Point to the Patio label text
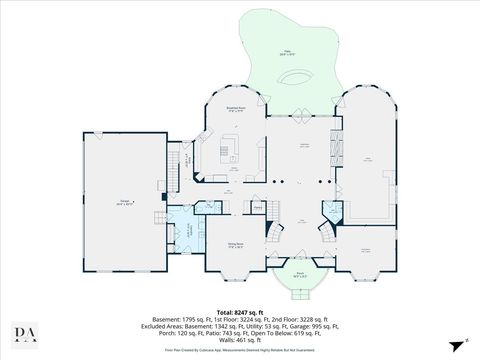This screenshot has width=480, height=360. coord(288,52)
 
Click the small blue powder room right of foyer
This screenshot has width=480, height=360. coord(329,210)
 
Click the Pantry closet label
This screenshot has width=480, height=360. coord(257,208)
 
